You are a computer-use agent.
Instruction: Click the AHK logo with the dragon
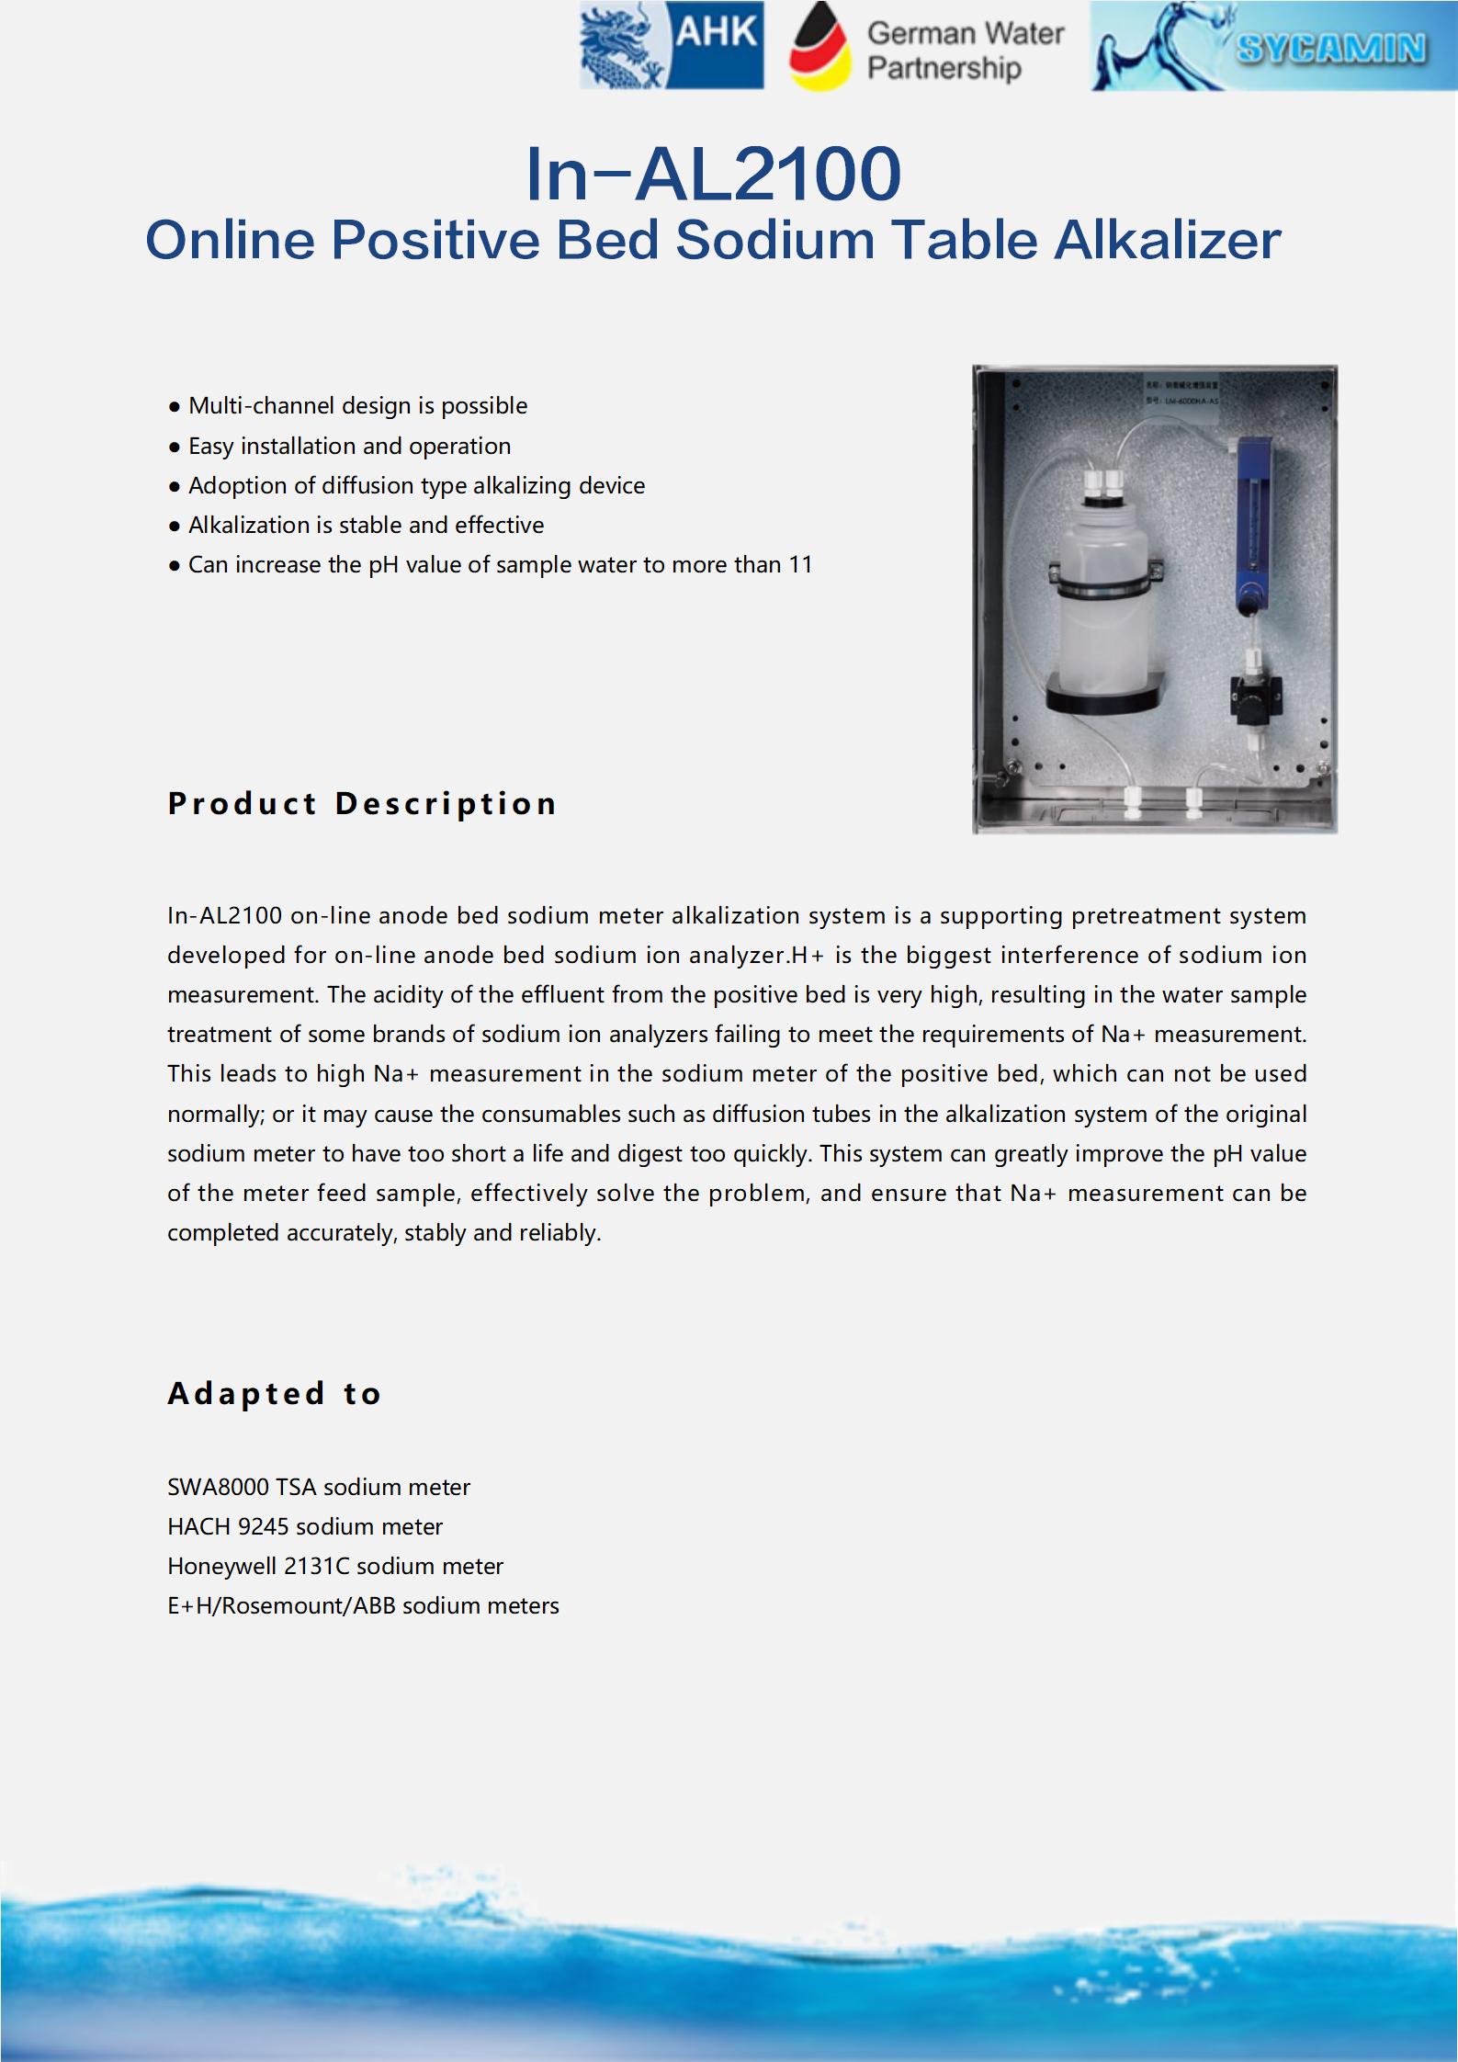point(672,45)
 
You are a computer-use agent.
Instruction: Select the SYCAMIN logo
point(1273,46)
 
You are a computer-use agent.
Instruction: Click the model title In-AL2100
point(713,174)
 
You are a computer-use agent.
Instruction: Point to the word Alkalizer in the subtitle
point(1167,241)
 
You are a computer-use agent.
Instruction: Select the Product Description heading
point(362,804)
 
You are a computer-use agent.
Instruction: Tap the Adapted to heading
point(275,1393)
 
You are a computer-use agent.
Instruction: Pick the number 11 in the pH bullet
point(800,565)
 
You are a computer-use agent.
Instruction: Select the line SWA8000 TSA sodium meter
point(318,1487)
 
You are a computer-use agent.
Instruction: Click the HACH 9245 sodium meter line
point(304,1526)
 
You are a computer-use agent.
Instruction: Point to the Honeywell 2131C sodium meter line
point(335,1566)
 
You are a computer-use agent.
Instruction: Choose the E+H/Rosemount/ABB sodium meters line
point(363,1605)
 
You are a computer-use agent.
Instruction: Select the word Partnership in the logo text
point(944,69)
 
